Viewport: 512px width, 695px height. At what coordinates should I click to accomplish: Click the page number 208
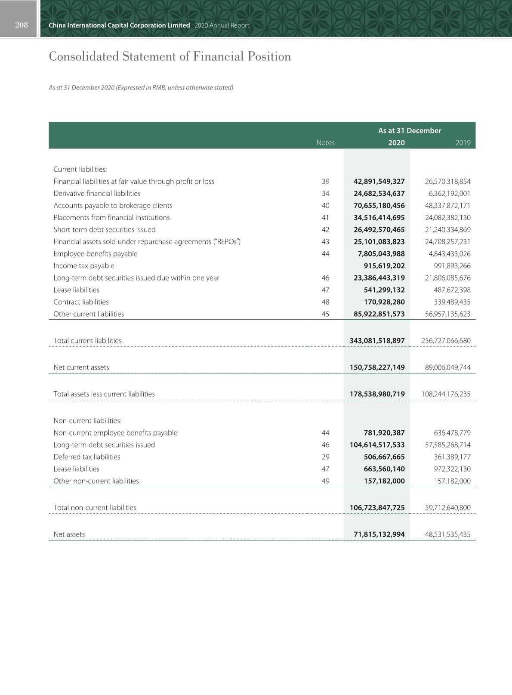21,25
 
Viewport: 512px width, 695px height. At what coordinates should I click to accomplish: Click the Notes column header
325,143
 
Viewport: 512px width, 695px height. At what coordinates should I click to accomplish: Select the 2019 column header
463,143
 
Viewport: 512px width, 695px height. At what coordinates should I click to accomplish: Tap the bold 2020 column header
396,143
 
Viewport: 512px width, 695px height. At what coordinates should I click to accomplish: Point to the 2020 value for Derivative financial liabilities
379,194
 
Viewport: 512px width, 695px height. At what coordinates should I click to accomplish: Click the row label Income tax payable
84,266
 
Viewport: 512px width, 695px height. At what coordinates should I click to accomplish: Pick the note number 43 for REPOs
325,242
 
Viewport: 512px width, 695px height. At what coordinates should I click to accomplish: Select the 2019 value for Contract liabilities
452,302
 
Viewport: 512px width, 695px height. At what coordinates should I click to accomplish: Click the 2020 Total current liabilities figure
377,341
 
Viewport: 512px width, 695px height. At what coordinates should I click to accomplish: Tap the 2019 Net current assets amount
447,368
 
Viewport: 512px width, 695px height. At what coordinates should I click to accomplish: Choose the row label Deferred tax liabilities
87,457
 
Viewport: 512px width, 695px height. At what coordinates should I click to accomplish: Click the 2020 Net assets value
379,534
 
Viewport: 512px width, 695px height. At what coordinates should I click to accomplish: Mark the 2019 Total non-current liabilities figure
447,508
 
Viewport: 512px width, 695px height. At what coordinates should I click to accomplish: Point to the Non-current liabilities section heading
87,421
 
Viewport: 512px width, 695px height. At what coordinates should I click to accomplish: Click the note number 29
325,457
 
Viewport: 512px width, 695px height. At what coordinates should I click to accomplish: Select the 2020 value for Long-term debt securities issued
377,445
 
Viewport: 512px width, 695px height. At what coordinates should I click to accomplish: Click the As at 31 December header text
410,131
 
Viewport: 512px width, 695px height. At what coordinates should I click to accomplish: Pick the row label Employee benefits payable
96,254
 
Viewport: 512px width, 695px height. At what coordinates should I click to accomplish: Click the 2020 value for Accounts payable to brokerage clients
379,206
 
